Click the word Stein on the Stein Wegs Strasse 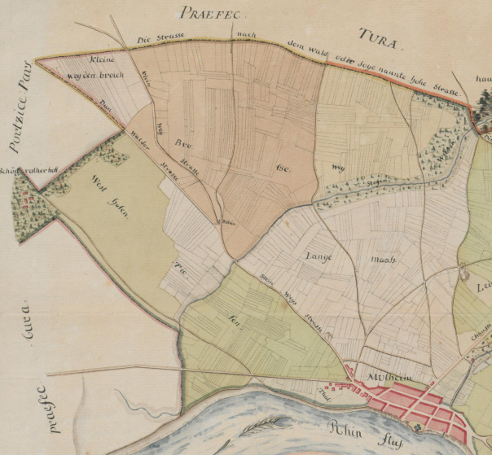[x=265, y=276]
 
